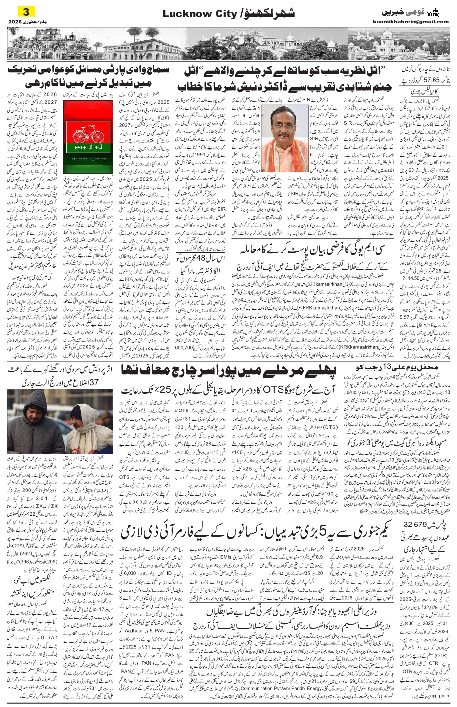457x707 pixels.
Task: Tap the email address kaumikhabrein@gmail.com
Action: point(417,22)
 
